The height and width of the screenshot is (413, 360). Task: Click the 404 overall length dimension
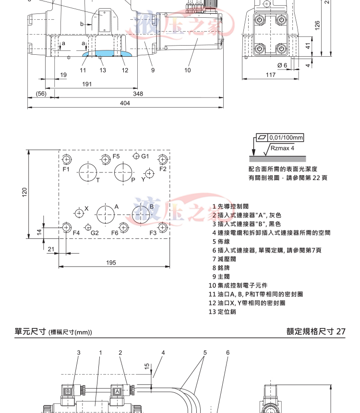(125, 103)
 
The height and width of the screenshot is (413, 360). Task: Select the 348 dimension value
(138, 94)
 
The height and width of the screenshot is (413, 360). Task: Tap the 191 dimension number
(87, 84)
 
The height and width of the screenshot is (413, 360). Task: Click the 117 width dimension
(270, 74)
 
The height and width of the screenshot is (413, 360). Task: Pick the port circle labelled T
(89, 172)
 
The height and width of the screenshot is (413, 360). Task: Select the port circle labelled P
(125, 172)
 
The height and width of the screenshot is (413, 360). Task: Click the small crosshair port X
(79, 212)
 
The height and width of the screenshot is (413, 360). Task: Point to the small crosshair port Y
(149, 173)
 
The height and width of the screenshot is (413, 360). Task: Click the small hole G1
(136, 157)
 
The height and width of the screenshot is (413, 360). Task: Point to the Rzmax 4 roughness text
(282, 149)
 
